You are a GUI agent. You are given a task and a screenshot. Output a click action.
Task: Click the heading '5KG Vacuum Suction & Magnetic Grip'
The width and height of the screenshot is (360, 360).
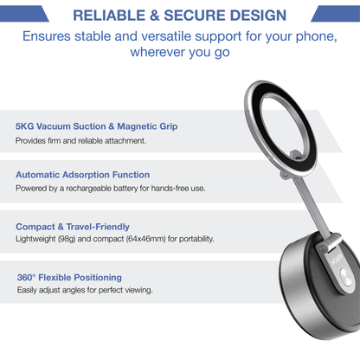point(96,126)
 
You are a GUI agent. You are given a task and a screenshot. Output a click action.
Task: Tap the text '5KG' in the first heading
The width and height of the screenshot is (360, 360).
point(26,126)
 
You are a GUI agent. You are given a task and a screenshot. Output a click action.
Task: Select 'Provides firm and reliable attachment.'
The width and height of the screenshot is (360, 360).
point(81,140)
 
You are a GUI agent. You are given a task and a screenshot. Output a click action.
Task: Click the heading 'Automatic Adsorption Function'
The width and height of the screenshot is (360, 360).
point(82,175)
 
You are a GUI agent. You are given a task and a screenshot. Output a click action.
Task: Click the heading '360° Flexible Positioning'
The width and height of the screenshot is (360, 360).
point(69,278)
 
